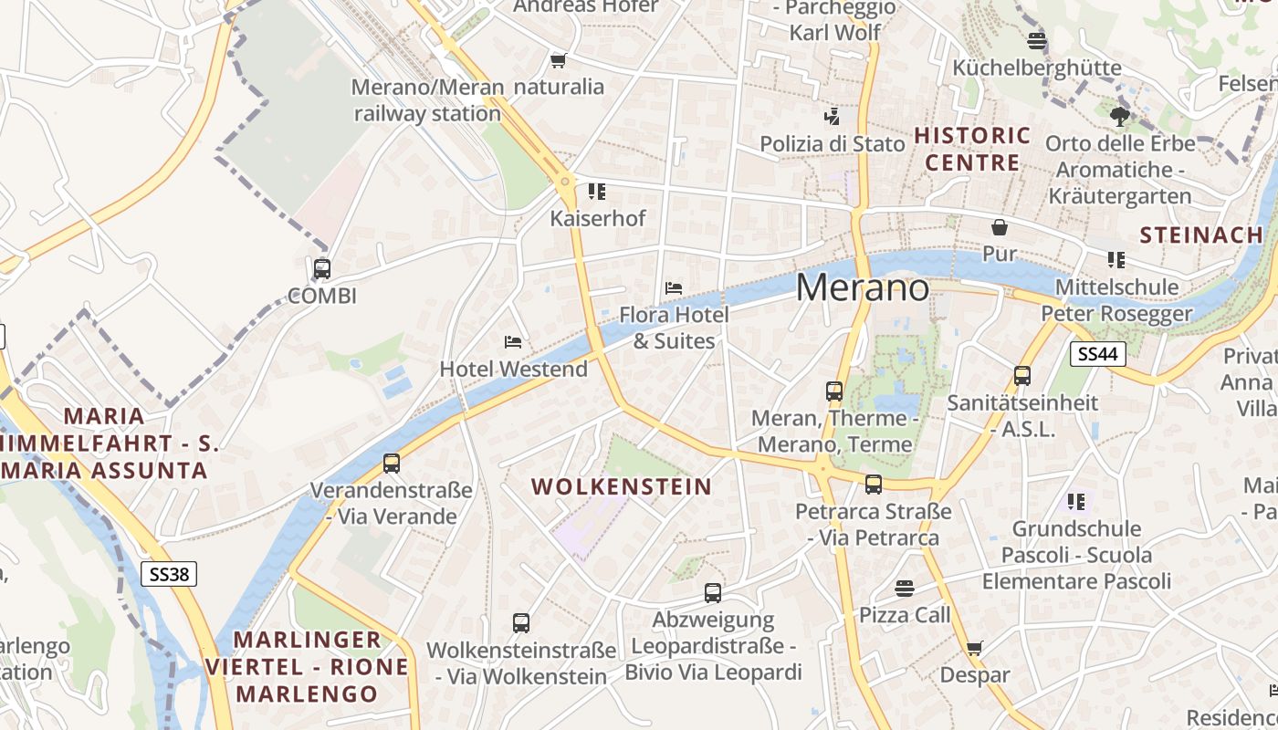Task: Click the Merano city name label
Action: (x=863, y=288)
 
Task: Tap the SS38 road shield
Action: (x=170, y=574)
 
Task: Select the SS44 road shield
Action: (x=1098, y=354)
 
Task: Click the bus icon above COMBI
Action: (x=321, y=269)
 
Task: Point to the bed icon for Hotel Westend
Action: (x=513, y=342)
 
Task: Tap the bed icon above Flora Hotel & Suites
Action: (x=674, y=287)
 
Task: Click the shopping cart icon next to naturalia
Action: (x=558, y=60)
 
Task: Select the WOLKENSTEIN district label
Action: (x=622, y=486)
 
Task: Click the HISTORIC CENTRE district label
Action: (x=972, y=150)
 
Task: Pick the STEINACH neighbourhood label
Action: (x=1201, y=235)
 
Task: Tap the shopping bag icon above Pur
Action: (x=1000, y=227)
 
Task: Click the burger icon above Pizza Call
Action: (x=905, y=588)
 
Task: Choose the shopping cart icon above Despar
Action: (x=975, y=649)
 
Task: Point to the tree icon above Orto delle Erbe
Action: (x=1120, y=116)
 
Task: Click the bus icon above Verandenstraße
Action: (x=392, y=463)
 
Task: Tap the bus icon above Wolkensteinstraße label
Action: (x=520, y=623)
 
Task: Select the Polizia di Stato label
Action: (x=833, y=144)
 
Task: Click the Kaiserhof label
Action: (x=597, y=219)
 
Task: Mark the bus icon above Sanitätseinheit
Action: (x=1021, y=375)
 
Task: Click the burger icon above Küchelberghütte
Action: (x=1036, y=41)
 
